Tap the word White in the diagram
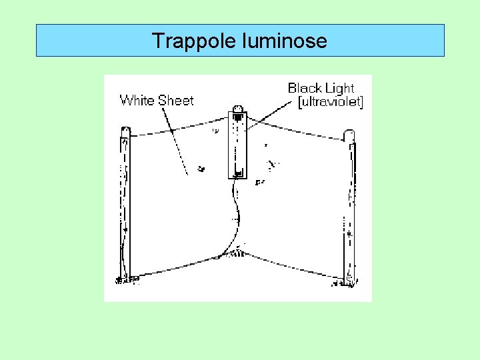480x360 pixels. click(136, 101)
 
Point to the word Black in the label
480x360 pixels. click(303, 88)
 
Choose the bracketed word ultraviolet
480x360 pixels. click(331, 102)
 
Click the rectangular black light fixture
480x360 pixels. click(238, 147)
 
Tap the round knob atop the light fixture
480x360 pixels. click(238, 110)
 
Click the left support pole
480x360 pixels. click(125, 207)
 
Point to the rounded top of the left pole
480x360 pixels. click(125, 131)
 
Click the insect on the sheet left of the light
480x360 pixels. click(201, 169)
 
